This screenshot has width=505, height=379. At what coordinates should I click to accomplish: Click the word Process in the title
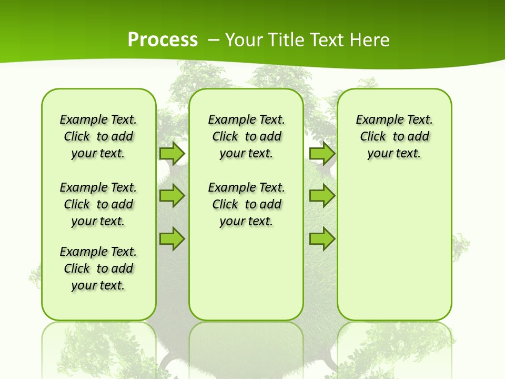click(163, 39)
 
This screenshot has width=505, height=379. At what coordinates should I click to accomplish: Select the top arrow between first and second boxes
click(171, 153)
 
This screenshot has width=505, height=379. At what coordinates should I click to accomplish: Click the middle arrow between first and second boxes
click(171, 196)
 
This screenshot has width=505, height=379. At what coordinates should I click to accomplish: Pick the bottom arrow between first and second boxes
click(171, 238)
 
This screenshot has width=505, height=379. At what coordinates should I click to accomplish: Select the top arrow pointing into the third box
click(322, 153)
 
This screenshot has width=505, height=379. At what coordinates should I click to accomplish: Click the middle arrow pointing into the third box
click(322, 196)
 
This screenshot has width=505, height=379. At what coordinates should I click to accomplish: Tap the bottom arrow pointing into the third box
click(322, 238)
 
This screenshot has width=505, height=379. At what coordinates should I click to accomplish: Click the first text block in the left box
click(98, 136)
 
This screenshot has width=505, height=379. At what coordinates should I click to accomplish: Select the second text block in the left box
click(98, 204)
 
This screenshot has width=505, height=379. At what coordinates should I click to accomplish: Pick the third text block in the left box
click(98, 268)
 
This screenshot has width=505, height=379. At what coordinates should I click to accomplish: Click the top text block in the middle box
click(246, 136)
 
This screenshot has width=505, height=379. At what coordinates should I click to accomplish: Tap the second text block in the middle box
click(246, 204)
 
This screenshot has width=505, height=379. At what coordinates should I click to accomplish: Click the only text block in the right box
click(394, 136)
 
